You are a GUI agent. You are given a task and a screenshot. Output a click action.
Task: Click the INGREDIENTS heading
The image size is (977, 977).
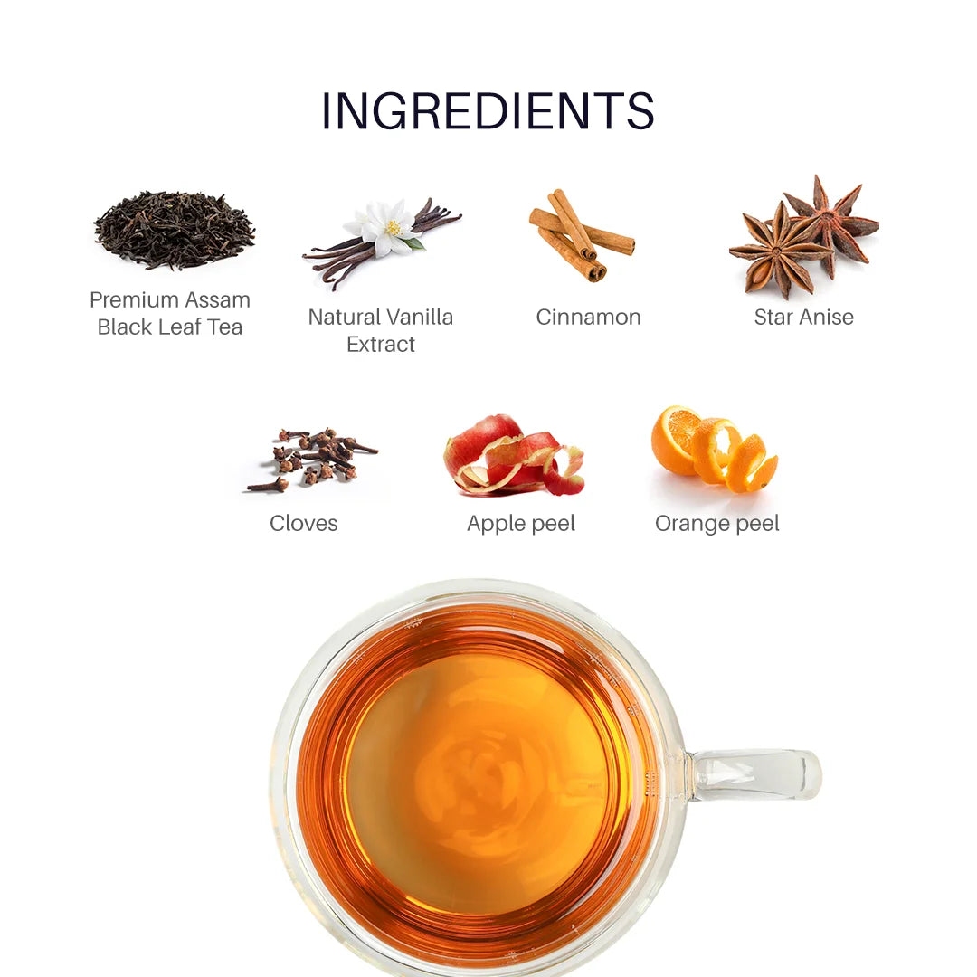tap(488, 111)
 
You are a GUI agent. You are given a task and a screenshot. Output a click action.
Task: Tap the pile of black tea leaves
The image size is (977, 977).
tap(174, 229)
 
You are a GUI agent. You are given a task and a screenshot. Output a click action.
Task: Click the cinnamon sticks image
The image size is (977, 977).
tap(579, 235)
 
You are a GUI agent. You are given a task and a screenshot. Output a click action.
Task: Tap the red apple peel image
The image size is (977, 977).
tap(512, 457)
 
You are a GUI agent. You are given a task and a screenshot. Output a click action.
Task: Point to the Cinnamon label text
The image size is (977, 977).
tap(588, 318)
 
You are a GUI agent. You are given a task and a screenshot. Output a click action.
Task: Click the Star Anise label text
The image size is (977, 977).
tap(803, 318)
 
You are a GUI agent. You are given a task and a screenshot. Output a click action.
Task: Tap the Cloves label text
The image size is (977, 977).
tap(303, 524)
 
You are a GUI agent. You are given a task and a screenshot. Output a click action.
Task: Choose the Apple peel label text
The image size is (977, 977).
tap(520, 524)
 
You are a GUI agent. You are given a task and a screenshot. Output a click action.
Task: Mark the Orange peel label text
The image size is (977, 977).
tap(716, 524)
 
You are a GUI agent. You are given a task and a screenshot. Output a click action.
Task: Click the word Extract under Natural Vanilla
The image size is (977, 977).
tap(381, 345)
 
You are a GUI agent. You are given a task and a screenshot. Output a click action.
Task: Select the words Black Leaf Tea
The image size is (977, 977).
tap(170, 327)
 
